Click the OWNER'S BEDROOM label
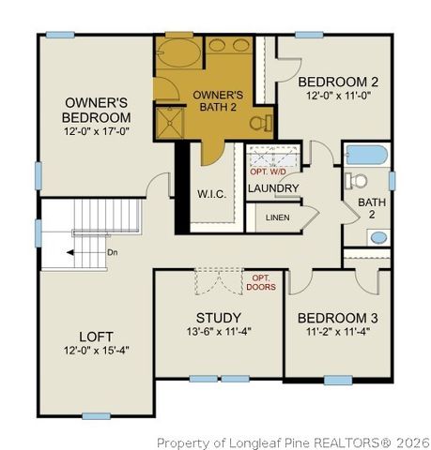coord(97,110)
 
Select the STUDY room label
coord(219,317)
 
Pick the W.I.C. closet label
coord(209,194)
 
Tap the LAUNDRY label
coord(273,188)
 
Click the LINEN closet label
coord(278,217)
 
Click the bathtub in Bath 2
coord(367,155)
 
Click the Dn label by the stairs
coord(112,252)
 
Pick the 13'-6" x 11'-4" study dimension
coord(219,332)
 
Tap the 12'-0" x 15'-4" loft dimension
coord(96,350)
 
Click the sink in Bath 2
coord(377,237)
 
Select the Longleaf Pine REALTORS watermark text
coord(292,442)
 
